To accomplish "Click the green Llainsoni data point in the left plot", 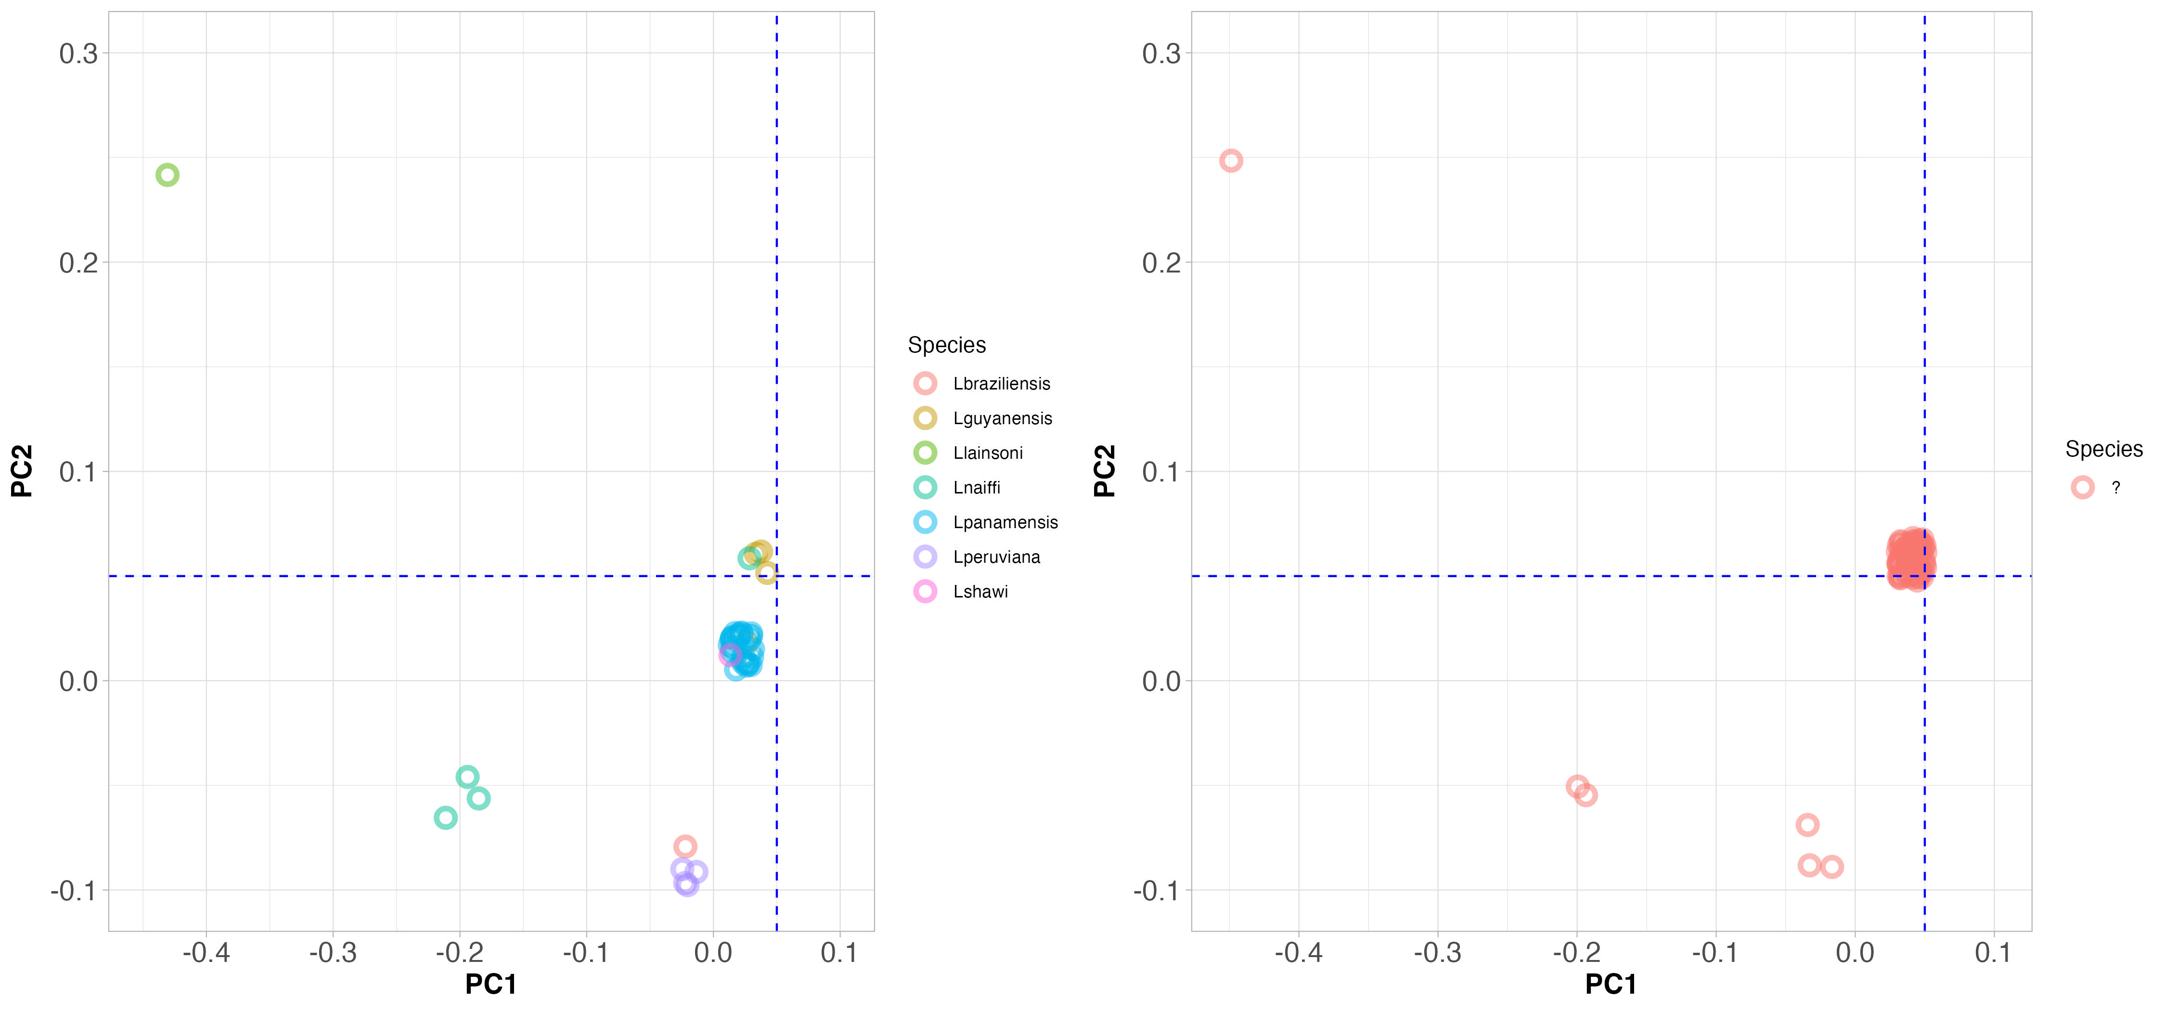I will click(x=168, y=175).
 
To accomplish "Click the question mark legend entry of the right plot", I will click(x=2099, y=488).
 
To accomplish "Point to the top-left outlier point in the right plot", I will click(x=1231, y=161).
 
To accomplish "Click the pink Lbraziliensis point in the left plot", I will click(x=685, y=846).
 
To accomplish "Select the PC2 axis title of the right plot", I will click(x=1104, y=471).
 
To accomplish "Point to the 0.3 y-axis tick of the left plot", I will click(x=78, y=54).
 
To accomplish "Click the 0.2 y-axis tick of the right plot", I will click(x=1161, y=262).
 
